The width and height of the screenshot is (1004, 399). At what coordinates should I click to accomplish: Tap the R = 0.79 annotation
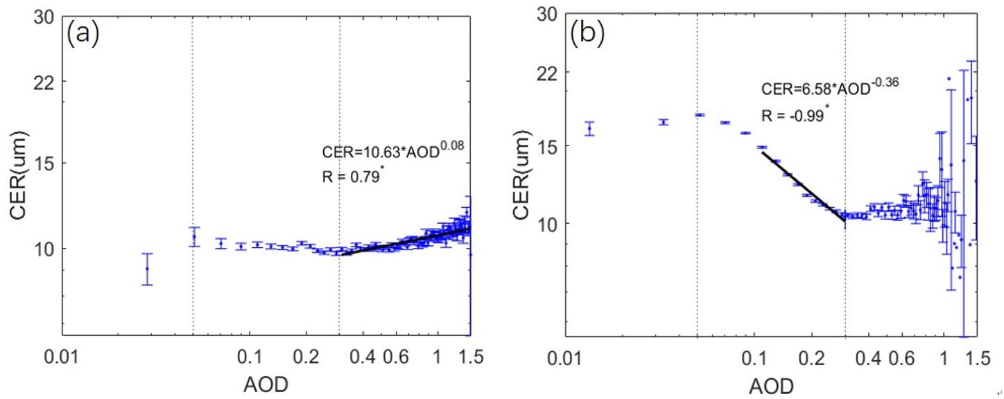tap(354, 175)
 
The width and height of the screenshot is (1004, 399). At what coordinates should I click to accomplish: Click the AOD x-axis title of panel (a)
tap(264, 384)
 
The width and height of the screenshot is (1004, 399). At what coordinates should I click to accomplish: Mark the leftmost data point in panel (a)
tap(147, 269)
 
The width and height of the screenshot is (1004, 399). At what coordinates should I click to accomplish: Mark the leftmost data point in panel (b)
tap(589, 129)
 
